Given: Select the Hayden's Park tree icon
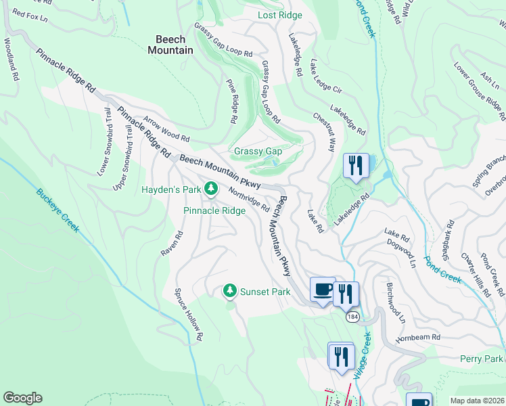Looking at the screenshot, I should [x=210, y=189].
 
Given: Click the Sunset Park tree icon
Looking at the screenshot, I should [x=230, y=291].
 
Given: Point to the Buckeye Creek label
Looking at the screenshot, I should [x=57, y=210].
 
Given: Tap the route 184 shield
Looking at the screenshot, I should [x=352, y=317].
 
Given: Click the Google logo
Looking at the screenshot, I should [x=22, y=398].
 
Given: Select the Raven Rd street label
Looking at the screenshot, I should [x=170, y=244].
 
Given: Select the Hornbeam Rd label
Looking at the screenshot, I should [x=418, y=336].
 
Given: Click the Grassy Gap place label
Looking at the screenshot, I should [x=258, y=152].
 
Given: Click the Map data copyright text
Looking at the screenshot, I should [x=477, y=401].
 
